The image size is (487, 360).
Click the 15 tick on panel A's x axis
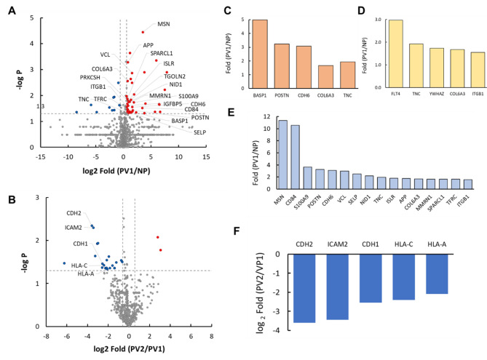pyautogui.click(x=206, y=155)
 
